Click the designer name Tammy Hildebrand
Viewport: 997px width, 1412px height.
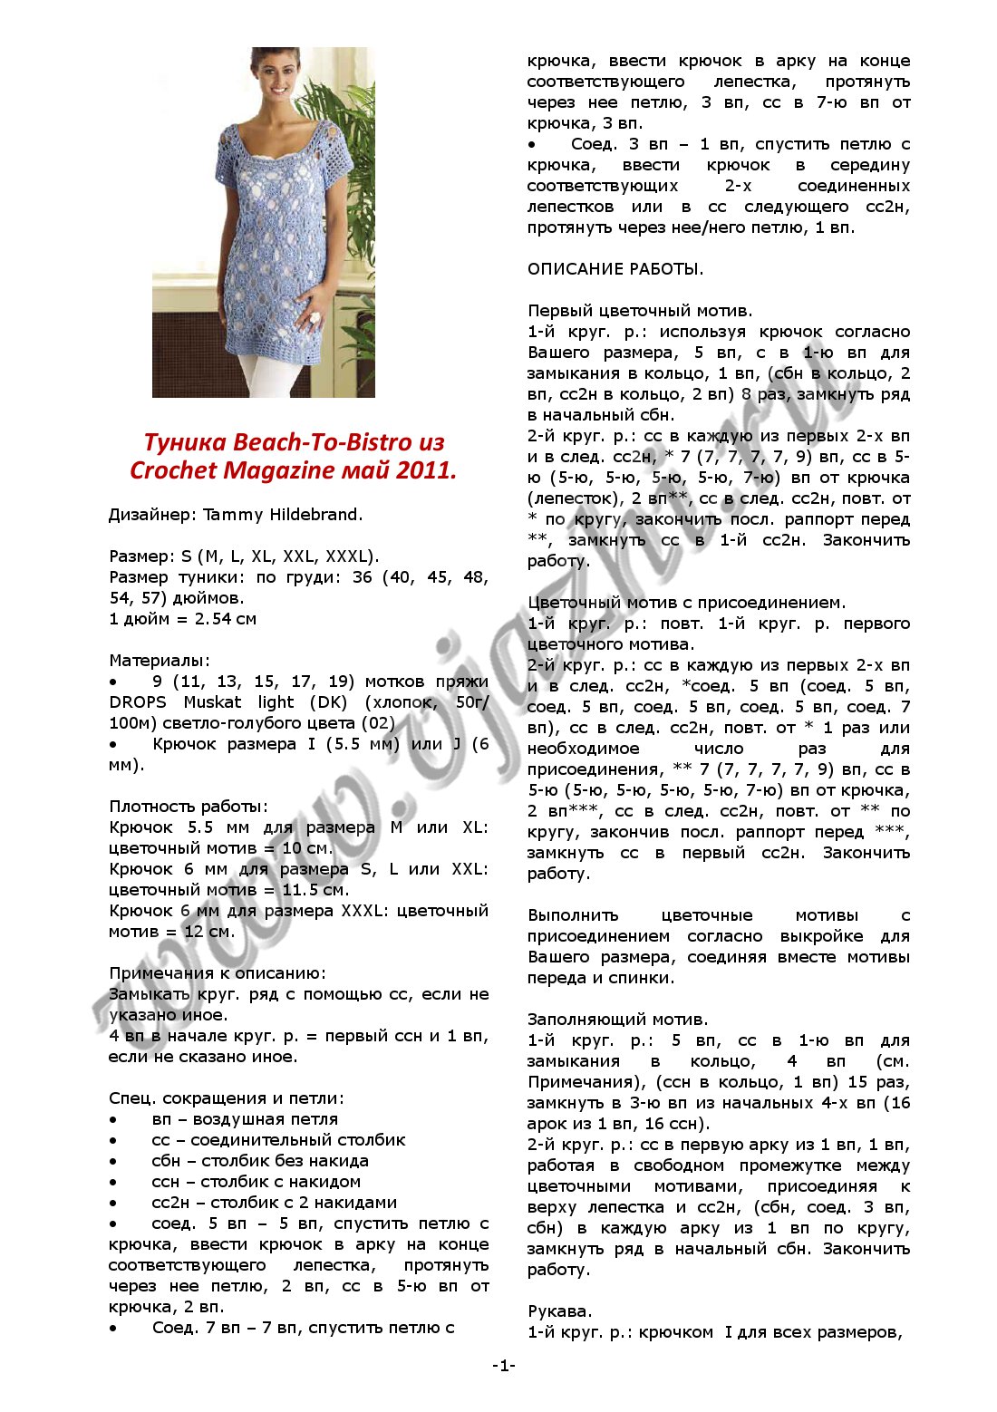click(283, 515)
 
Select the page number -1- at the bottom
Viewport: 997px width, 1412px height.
click(504, 1365)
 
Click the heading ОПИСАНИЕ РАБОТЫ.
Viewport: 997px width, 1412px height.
click(615, 269)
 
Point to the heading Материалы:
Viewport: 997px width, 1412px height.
click(160, 661)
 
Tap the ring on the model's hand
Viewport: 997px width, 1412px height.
click(317, 317)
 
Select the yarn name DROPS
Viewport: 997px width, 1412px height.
click(138, 702)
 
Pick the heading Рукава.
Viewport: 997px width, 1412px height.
click(560, 1311)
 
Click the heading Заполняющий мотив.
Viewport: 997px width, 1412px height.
click(618, 1020)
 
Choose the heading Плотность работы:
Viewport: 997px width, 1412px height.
click(189, 807)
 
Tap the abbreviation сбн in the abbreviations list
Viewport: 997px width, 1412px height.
click(167, 1161)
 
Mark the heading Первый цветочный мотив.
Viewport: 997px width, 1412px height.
click(640, 311)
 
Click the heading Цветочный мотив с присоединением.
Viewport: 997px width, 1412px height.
click(686, 603)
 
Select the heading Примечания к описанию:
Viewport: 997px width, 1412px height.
click(218, 973)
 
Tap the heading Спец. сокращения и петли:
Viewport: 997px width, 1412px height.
click(227, 1098)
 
